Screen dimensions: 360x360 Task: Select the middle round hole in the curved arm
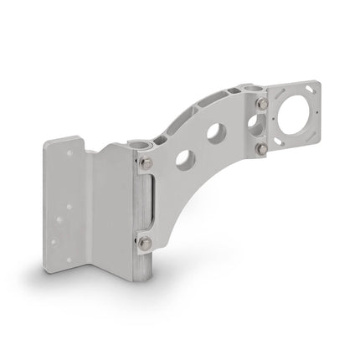coord(216,133)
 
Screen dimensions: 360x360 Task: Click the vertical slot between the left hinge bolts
coord(149,203)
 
